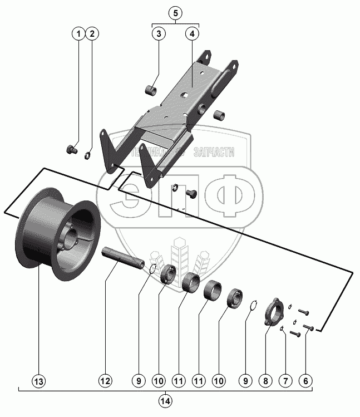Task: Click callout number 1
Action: point(79,34)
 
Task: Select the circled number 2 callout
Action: point(93,34)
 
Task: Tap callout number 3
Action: point(159,34)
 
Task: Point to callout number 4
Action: point(192,34)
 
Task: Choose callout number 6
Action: point(305,381)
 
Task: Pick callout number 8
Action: point(265,381)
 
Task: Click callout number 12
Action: point(105,381)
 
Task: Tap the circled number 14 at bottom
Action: point(165,400)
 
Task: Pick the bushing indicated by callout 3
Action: point(149,89)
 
